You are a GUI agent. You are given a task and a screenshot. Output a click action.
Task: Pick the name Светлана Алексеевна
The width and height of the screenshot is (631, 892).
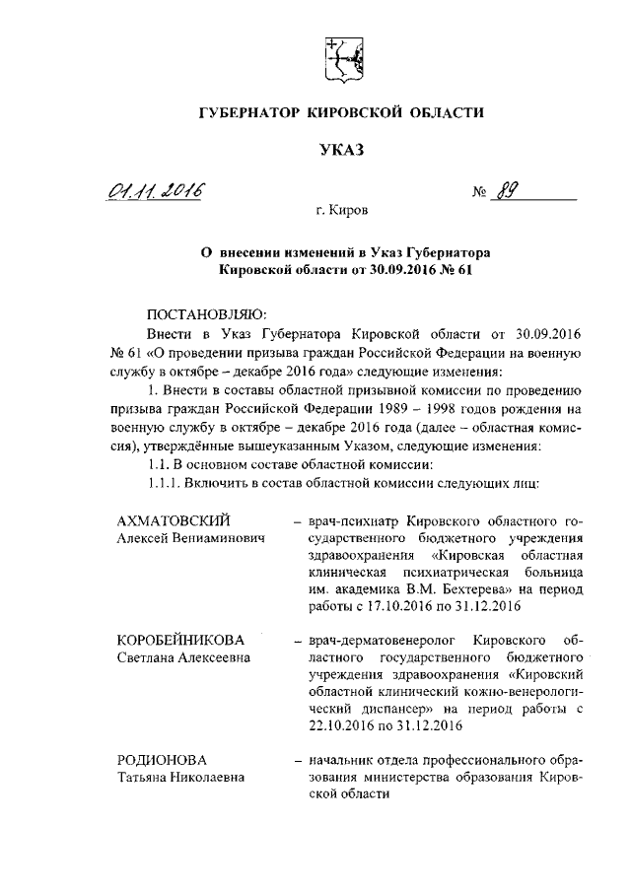(183, 658)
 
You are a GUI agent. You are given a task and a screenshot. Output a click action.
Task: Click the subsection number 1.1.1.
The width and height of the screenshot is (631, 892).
(167, 484)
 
